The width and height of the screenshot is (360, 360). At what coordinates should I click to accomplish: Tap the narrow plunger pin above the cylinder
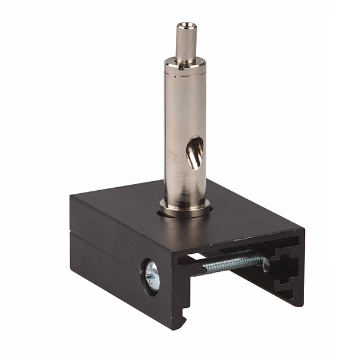[186, 42]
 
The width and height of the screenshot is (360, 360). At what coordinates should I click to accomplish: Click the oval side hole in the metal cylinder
[195, 153]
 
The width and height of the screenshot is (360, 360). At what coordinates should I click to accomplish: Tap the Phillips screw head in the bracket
[152, 277]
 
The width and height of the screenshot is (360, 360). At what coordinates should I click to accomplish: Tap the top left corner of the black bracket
[71, 197]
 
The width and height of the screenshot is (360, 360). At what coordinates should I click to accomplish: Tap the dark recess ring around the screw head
[145, 276]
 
